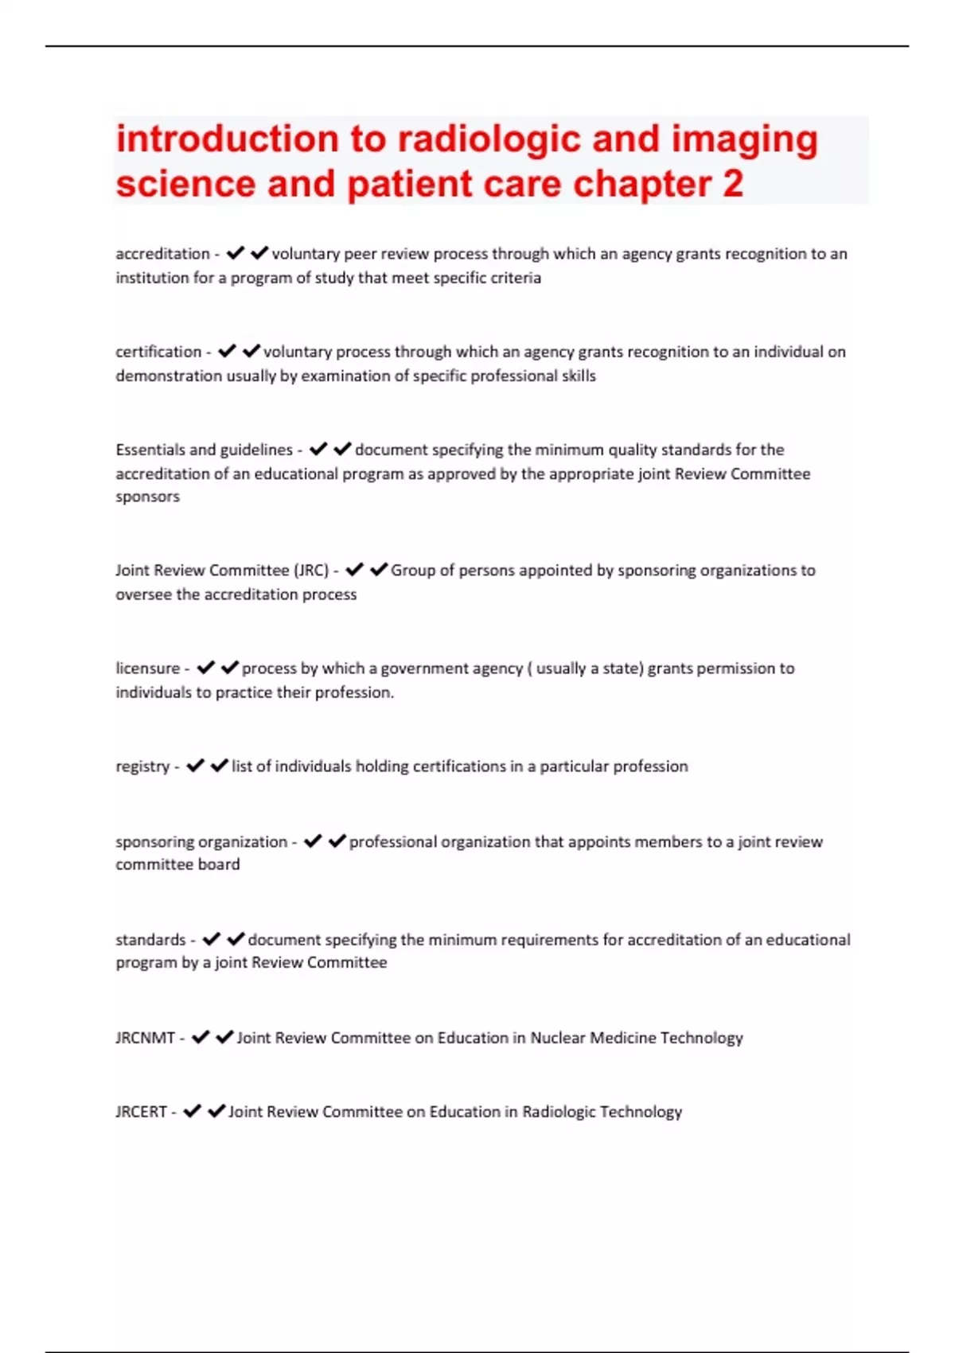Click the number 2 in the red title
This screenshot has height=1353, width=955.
[x=732, y=184]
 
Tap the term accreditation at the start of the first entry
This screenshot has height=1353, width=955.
[x=162, y=254]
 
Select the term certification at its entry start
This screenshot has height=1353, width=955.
[x=158, y=352]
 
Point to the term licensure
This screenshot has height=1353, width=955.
[x=148, y=669]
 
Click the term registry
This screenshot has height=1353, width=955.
[x=142, y=766]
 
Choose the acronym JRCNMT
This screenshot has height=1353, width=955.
[x=145, y=1038]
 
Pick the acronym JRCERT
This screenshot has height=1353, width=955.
[x=141, y=1112]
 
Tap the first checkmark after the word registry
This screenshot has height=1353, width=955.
[x=195, y=766]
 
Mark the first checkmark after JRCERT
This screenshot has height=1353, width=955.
[x=192, y=1111]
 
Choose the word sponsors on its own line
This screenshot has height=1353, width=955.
[x=147, y=497]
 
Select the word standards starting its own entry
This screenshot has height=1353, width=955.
[x=150, y=940]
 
